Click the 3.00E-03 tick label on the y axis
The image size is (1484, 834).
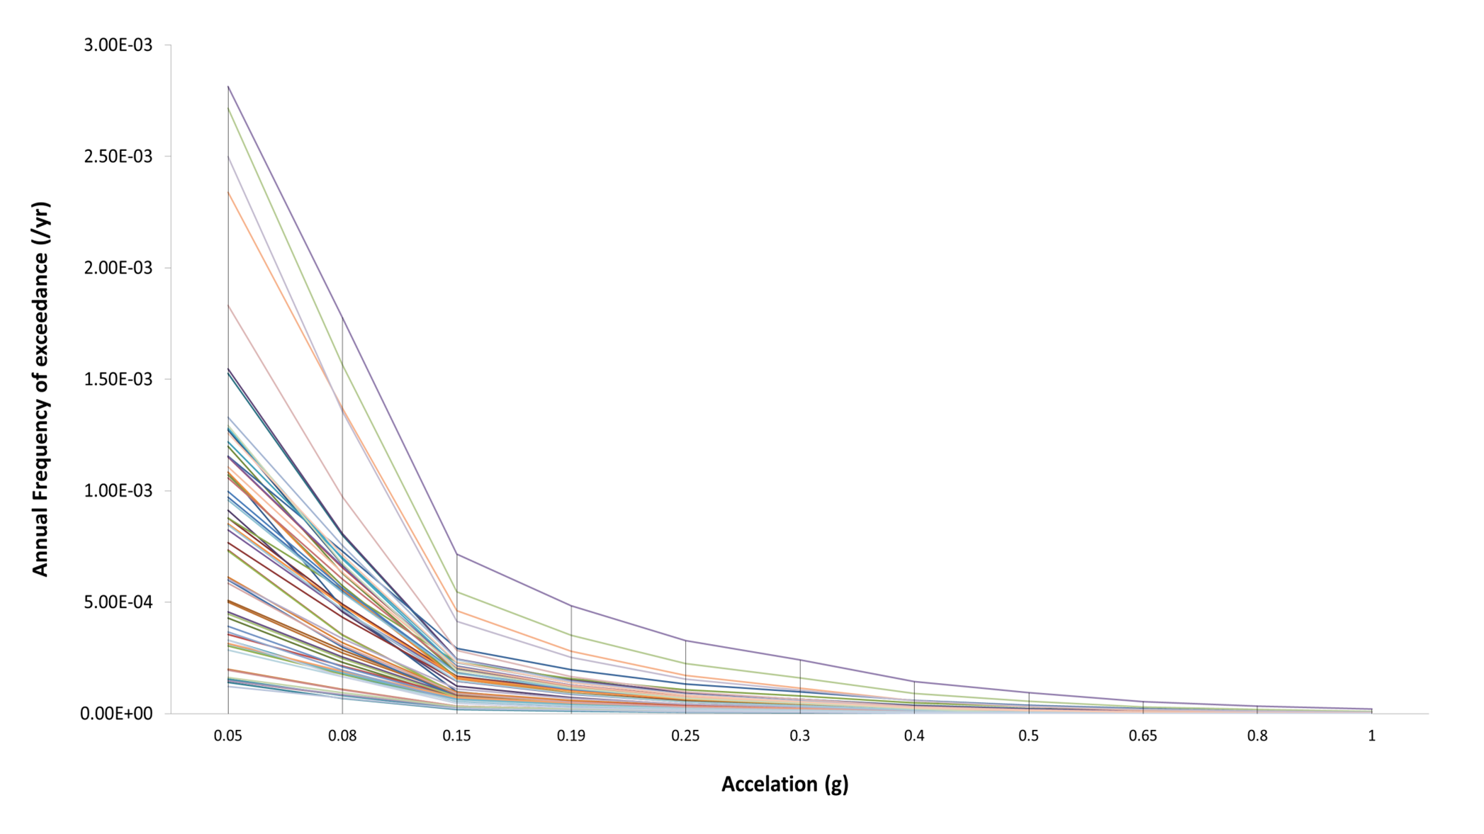(x=118, y=45)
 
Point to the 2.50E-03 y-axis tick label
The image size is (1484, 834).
(x=118, y=157)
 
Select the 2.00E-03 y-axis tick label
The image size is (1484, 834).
(x=118, y=268)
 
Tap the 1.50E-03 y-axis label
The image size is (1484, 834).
(x=118, y=379)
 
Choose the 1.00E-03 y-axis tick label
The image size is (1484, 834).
(x=118, y=491)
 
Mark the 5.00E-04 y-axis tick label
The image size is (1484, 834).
(x=118, y=602)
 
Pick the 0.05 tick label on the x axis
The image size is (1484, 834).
(x=228, y=736)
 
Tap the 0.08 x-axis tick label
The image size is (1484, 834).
(x=342, y=736)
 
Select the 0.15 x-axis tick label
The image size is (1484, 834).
(x=457, y=736)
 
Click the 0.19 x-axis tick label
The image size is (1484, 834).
(x=571, y=736)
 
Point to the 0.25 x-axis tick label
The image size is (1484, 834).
(x=685, y=736)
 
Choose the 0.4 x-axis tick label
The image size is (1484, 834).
(x=914, y=736)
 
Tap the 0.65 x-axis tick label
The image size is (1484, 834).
(x=1143, y=736)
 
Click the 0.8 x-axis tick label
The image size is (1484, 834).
(x=1257, y=736)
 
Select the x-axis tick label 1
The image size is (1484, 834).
(x=1372, y=736)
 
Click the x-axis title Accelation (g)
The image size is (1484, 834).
(x=785, y=784)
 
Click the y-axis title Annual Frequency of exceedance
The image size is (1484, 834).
(x=41, y=389)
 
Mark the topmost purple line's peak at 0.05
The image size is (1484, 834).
(x=228, y=86)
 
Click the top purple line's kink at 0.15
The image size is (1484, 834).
(x=457, y=554)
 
